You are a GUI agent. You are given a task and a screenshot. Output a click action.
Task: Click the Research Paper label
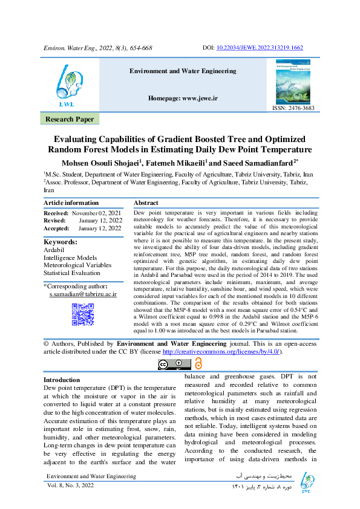click(70, 120)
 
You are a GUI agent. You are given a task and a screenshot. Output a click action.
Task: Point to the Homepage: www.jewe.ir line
click(183, 98)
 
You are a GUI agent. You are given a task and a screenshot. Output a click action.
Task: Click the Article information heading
click(71, 203)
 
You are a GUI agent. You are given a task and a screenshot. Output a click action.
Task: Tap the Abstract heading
click(146, 203)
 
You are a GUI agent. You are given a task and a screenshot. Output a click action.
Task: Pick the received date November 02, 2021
click(97, 213)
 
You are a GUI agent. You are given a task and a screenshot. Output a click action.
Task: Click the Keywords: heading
click(61, 242)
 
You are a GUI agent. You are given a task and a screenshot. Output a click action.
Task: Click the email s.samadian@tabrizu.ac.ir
click(83, 294)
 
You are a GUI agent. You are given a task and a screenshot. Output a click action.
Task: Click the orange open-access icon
click(197, 363)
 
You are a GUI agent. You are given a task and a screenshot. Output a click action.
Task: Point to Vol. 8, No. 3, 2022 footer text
click(71, 485)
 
